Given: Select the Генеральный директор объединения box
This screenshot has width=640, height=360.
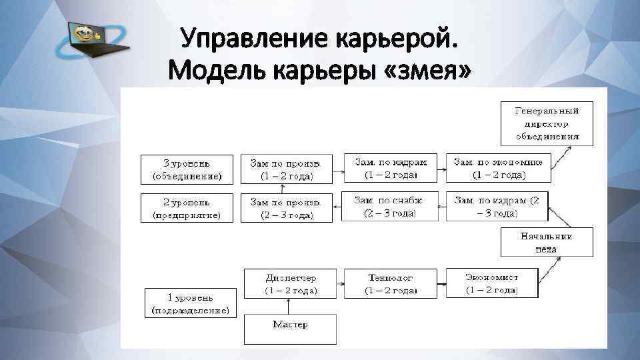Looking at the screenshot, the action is [547, 123].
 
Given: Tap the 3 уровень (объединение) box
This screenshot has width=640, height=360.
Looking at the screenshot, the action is [187, 169].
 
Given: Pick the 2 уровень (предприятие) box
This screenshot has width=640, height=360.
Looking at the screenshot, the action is [187, 207].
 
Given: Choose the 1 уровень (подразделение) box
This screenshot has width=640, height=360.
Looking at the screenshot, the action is [191, 303].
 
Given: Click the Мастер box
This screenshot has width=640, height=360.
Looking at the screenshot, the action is [290, 329].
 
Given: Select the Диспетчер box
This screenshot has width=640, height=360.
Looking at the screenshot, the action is [291, 283].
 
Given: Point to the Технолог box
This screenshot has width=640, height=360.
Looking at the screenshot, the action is [391, 283].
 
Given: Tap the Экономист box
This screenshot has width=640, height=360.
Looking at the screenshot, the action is [492, 283].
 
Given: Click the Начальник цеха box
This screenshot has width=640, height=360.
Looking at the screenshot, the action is [547, 242].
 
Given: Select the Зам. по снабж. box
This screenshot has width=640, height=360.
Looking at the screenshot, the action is [391, 207].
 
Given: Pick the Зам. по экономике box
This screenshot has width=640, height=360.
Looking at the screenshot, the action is [499, 168].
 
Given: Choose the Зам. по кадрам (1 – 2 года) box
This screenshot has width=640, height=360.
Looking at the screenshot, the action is [391, 168].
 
